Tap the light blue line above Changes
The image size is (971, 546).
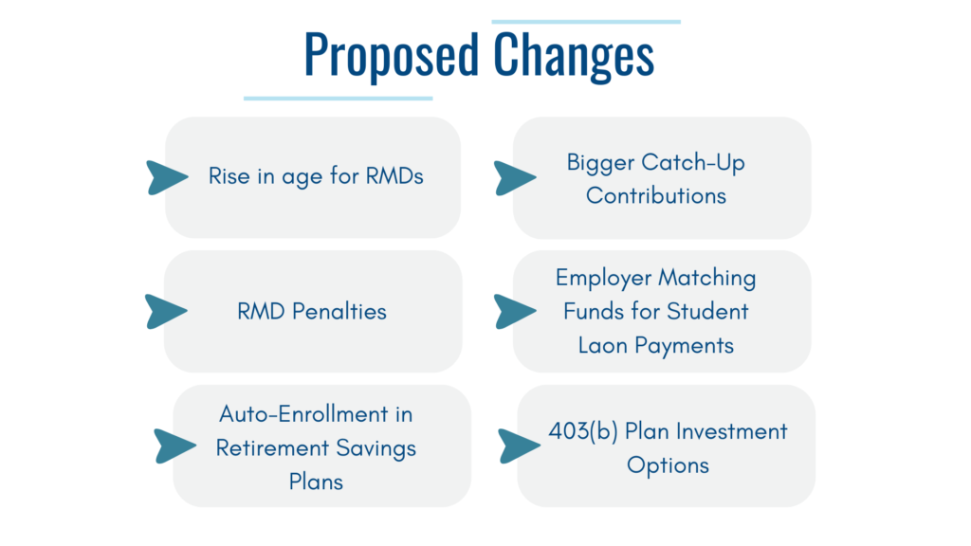[x=586, y=22]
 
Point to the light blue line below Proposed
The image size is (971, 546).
[x=339, y=98]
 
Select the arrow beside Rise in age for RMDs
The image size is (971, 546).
[x=166, y=177]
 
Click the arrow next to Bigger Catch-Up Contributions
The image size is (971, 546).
[x=514, y=178]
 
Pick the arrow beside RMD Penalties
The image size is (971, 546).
[x=165, y=311]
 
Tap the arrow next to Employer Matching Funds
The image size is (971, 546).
[x=514, y=311]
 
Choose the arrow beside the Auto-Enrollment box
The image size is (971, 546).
[x=174, y=446]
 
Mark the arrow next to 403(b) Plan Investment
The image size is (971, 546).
[x=519, y=446]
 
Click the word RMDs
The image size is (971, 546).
[x=394, y=175]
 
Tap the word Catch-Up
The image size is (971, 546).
[x=693, y=162]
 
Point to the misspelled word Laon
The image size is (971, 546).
[x=603, y=345]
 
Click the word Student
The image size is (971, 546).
[x=707, y=311]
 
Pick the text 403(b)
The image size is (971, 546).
[x=583, y=431]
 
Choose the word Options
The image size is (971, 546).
[x=668, y=465]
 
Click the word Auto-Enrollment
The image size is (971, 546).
[x=303, y=413]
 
